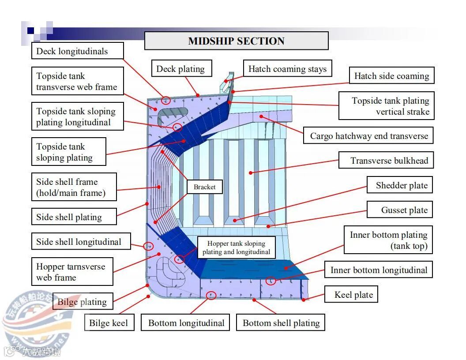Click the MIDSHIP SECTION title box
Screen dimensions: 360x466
[236, 41]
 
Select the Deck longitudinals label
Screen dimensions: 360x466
[72, 51]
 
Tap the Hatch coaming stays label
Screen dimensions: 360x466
[287, 69]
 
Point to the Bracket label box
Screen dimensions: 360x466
[205, 187]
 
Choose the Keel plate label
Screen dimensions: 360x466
[353, 295]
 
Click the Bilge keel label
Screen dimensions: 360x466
[109, 323]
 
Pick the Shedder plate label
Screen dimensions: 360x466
[402, 185]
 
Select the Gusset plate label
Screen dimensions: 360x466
[404, 210]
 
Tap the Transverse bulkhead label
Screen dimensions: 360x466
[389, 161]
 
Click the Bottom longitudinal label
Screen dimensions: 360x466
[186, 323]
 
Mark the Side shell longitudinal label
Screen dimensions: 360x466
[79, 242]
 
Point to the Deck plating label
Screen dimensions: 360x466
[180, 69]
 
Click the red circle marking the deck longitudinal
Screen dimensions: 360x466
[166, 100]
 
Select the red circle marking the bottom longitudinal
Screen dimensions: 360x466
[211, 295]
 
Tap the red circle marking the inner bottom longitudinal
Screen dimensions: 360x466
[271, 280]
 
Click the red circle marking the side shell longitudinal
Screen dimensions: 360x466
[148, 246]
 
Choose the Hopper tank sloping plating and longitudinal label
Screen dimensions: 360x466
[236, 247]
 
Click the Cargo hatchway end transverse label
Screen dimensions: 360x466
[369, 136]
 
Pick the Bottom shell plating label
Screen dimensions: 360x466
[281, 323]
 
